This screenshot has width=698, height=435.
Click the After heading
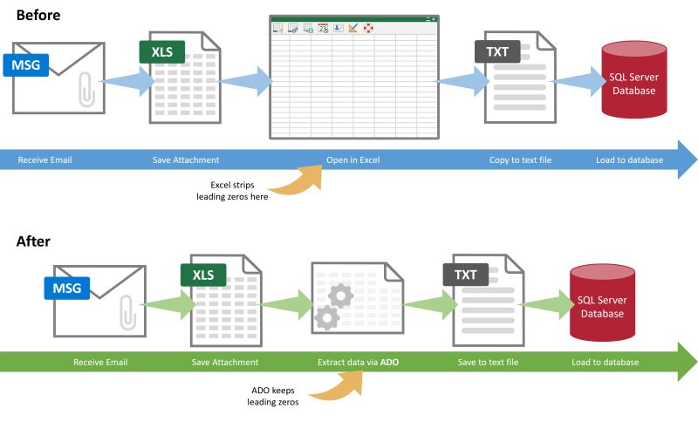coord(34,241)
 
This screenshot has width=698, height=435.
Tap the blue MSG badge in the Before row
coord(27,65)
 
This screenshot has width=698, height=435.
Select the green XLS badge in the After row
coord(203,275)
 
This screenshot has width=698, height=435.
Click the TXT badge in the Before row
coord(497,51)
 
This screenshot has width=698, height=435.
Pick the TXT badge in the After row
coord(466,275)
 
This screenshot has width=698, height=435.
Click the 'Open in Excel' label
coord(352,160)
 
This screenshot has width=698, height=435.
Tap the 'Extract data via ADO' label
coord(358,362)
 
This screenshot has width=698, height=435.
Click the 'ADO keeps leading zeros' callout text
coord(269,396)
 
